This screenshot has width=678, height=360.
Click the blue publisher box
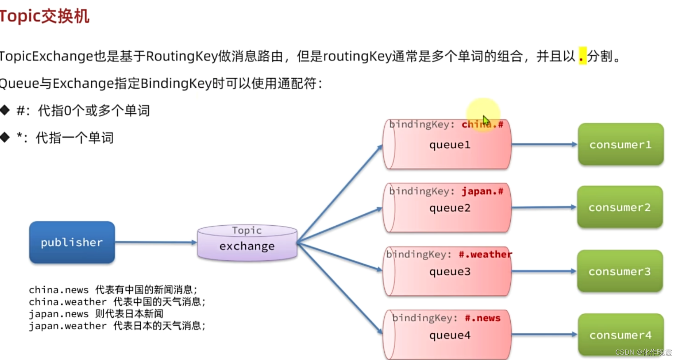pyautogui.click(x=72, y=242)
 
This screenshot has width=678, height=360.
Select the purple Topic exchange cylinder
pyautogui.click(x=247, y=243)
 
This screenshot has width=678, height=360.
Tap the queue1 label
pyautogui.click(x=449, y=145)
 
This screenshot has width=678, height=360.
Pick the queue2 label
pyautogui.click(x=449, y=208)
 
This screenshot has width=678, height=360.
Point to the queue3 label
pyautogui.click(x=449, y=272)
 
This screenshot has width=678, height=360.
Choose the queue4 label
pyautogui.click(x=449, y=335)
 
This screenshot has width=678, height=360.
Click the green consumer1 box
pyautogui.click(x=620, y=145)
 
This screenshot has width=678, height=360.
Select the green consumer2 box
pyautogui.click(x=620, y=207)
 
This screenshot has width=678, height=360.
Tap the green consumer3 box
pyautogui.click(x=620, y=271)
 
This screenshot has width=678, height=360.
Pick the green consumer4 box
pyautogui.click(x=620, y=335)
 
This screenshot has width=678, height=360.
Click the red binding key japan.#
pyautogui.click(x=482, y=192)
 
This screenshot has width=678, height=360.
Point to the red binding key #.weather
pyautogui.click(x=485, y=255)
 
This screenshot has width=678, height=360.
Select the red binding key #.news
pyautogui.click(x=482, y=318)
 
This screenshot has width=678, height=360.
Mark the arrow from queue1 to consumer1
pyautogui.click(x=544, y=145)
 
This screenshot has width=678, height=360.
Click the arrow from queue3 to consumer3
pyautogui.click(x=544, y=271)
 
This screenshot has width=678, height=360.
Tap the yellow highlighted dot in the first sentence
pyautogui.click(x=582, y=56)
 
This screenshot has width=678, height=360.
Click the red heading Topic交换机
pyautogui.click(x=44, y=16)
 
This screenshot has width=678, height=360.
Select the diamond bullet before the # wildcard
pyautogui.click(x=5, y=110)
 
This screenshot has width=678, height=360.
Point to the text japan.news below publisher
pyautogui.click(x=58, y=314)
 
